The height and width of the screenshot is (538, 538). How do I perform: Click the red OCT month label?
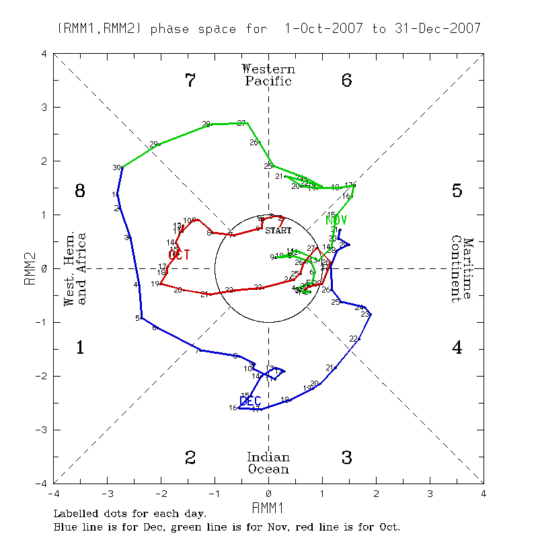[x=179, y=254]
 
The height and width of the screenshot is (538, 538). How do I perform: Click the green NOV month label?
[x=336, y=220]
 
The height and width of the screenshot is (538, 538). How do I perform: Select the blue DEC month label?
[x=250, y=401]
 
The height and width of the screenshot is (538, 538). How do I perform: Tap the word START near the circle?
[x=278, y=230]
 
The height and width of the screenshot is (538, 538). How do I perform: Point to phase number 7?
[x=190, y=81]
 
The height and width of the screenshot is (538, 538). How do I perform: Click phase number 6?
[x=347, y=81]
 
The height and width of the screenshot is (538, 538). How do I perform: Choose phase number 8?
[x=79, y=192]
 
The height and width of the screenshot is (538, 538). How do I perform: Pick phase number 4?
[x=457, y=348]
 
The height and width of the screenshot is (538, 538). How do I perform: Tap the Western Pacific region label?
[x=268, y=75]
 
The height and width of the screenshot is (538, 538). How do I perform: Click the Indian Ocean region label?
[x=268, y=463]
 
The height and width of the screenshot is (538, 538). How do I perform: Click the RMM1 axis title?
[x=268, y=506]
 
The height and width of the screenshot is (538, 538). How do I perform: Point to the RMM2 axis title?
[x=28, y=268]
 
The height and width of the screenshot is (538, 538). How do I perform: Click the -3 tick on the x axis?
[x=107, y=492]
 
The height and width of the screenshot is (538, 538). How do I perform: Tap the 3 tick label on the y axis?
[x=43, y=107]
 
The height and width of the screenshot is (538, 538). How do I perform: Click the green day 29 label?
[x=153, y=145]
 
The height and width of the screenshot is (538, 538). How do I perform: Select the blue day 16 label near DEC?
[x=232, y=408]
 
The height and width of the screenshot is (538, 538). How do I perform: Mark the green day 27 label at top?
[x=241, y=123]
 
